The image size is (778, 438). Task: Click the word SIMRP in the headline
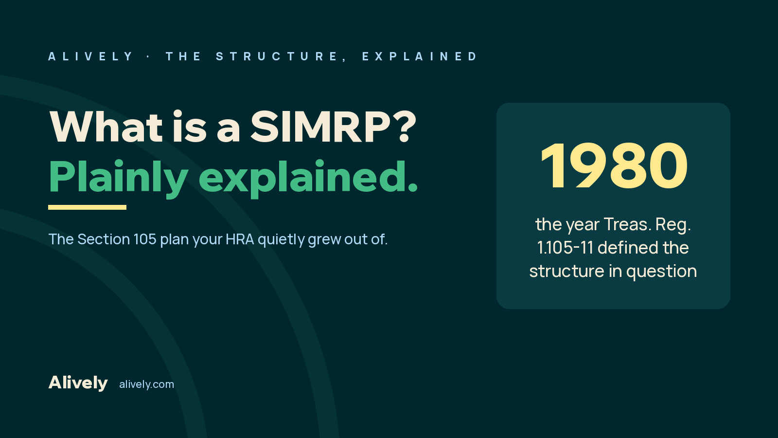click(x=320, y=127)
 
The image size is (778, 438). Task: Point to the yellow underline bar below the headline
click(x=87, y=207)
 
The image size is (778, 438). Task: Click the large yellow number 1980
click(x=614, y=165)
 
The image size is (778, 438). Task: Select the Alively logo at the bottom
click(x=78, y=383)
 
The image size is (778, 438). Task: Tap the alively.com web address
click(x=146, y=384)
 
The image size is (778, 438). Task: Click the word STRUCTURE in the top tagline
click(x=277, y=56)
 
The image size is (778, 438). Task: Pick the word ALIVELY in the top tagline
click(x=90, y=56)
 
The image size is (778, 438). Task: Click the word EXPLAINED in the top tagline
click(x=420, y=56)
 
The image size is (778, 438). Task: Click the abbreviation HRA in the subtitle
click(x=240, y=239)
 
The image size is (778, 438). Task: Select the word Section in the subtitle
click(x=104, y=239)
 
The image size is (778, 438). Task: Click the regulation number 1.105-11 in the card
click(x=565, y=248)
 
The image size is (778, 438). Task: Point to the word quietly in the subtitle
click(x=281, y=239)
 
